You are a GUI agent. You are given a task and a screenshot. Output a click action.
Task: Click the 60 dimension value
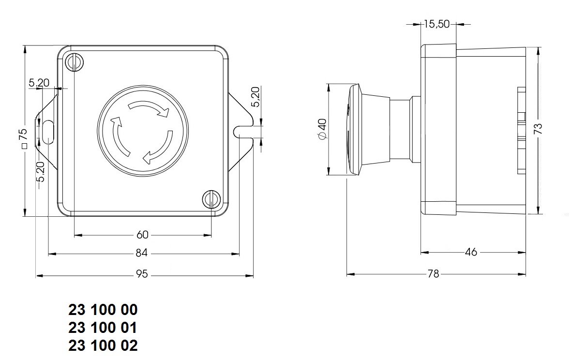(x=142, y=235)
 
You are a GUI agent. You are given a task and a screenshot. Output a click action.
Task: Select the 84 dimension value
(x=141, y=253)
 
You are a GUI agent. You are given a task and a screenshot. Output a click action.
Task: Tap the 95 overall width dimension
(x=141, y=274)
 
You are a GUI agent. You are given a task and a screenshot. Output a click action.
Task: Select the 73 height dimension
(x=538, y=129)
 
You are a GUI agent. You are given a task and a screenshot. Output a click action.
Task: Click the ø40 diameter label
(x=322, y=130)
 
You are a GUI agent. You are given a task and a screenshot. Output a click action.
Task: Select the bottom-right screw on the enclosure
(x=211, y=198)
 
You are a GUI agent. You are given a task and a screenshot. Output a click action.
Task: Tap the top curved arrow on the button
(x=149, y=108)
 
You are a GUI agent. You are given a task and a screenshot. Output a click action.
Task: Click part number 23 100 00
(x=103, y=310)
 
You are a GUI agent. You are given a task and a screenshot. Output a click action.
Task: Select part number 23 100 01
(x=103, y=328)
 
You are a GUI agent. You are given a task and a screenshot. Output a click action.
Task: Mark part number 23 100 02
(x=103, y=346)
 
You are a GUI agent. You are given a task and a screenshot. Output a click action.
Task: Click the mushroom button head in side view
(x=355, y=130)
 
